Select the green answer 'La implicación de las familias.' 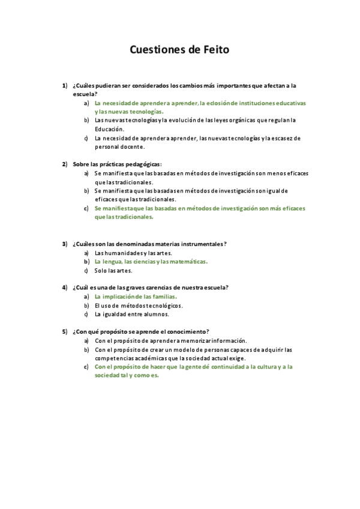[136, 297]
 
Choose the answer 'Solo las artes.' [113, 270]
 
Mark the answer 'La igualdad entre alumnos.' [131, 314]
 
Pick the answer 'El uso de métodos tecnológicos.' [138, 306]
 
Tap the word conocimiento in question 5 [188, 331]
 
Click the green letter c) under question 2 [87, 208]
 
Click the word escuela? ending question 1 [85, 94]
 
